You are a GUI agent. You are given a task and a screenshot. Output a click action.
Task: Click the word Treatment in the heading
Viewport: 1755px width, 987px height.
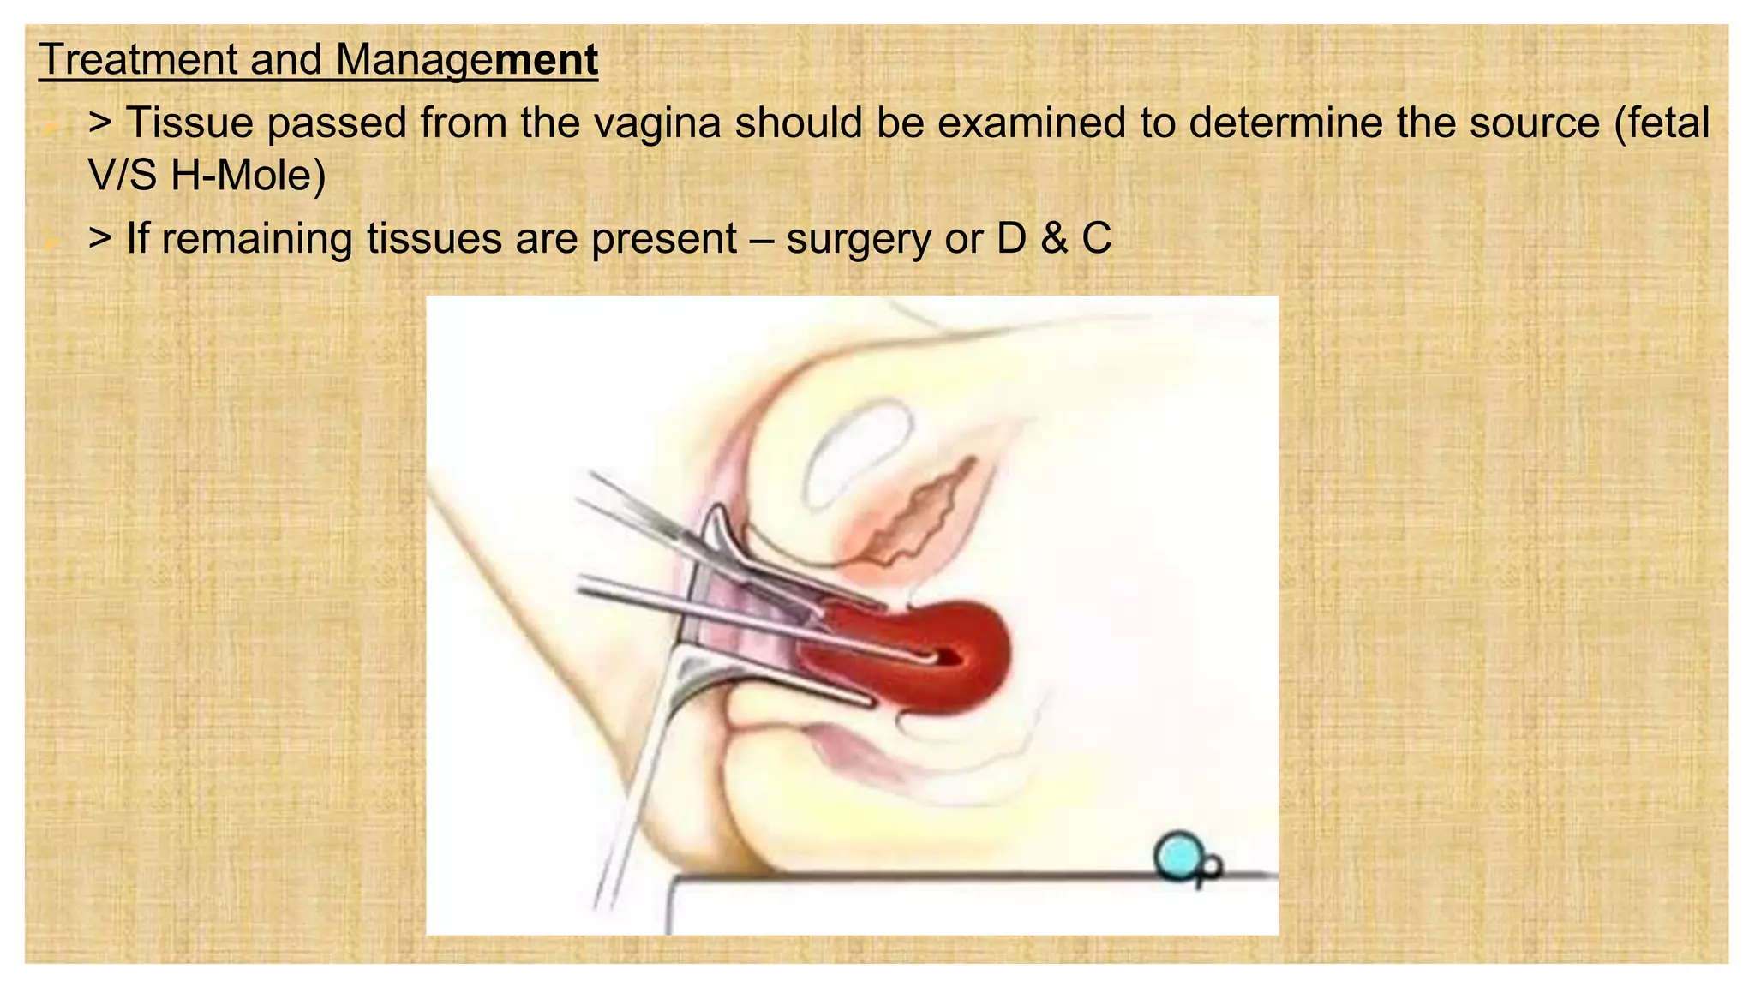(x=137, y=60)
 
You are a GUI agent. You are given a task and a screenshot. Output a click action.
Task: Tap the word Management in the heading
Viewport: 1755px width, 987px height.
(x=466, y=60)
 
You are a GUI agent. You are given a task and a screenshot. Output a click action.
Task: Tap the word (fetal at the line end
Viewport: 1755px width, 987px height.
(x=1662, y=123)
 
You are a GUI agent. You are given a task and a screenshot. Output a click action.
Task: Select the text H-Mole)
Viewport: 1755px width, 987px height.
(x=249, y=176)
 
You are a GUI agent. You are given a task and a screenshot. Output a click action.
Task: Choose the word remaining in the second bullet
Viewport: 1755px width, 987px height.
(x=256, y=238)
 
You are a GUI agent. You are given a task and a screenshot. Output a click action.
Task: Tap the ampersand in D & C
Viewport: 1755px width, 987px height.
(x=1053, y=238)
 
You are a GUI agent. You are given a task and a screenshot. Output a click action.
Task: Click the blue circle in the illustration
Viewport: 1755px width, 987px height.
(x=1177, y=856)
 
